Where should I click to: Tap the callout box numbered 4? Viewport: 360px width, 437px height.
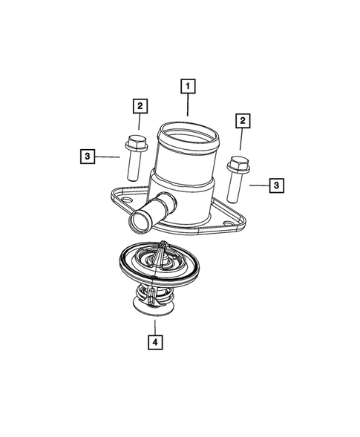point(154,342)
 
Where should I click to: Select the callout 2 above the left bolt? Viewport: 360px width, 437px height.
point(139,106)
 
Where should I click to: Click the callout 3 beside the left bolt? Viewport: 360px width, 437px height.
point(88,156)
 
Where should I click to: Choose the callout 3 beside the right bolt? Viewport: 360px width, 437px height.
point(276,185)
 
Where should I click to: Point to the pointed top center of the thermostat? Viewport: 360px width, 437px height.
point(163,249)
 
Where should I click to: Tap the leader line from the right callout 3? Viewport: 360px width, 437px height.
point(257,184)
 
